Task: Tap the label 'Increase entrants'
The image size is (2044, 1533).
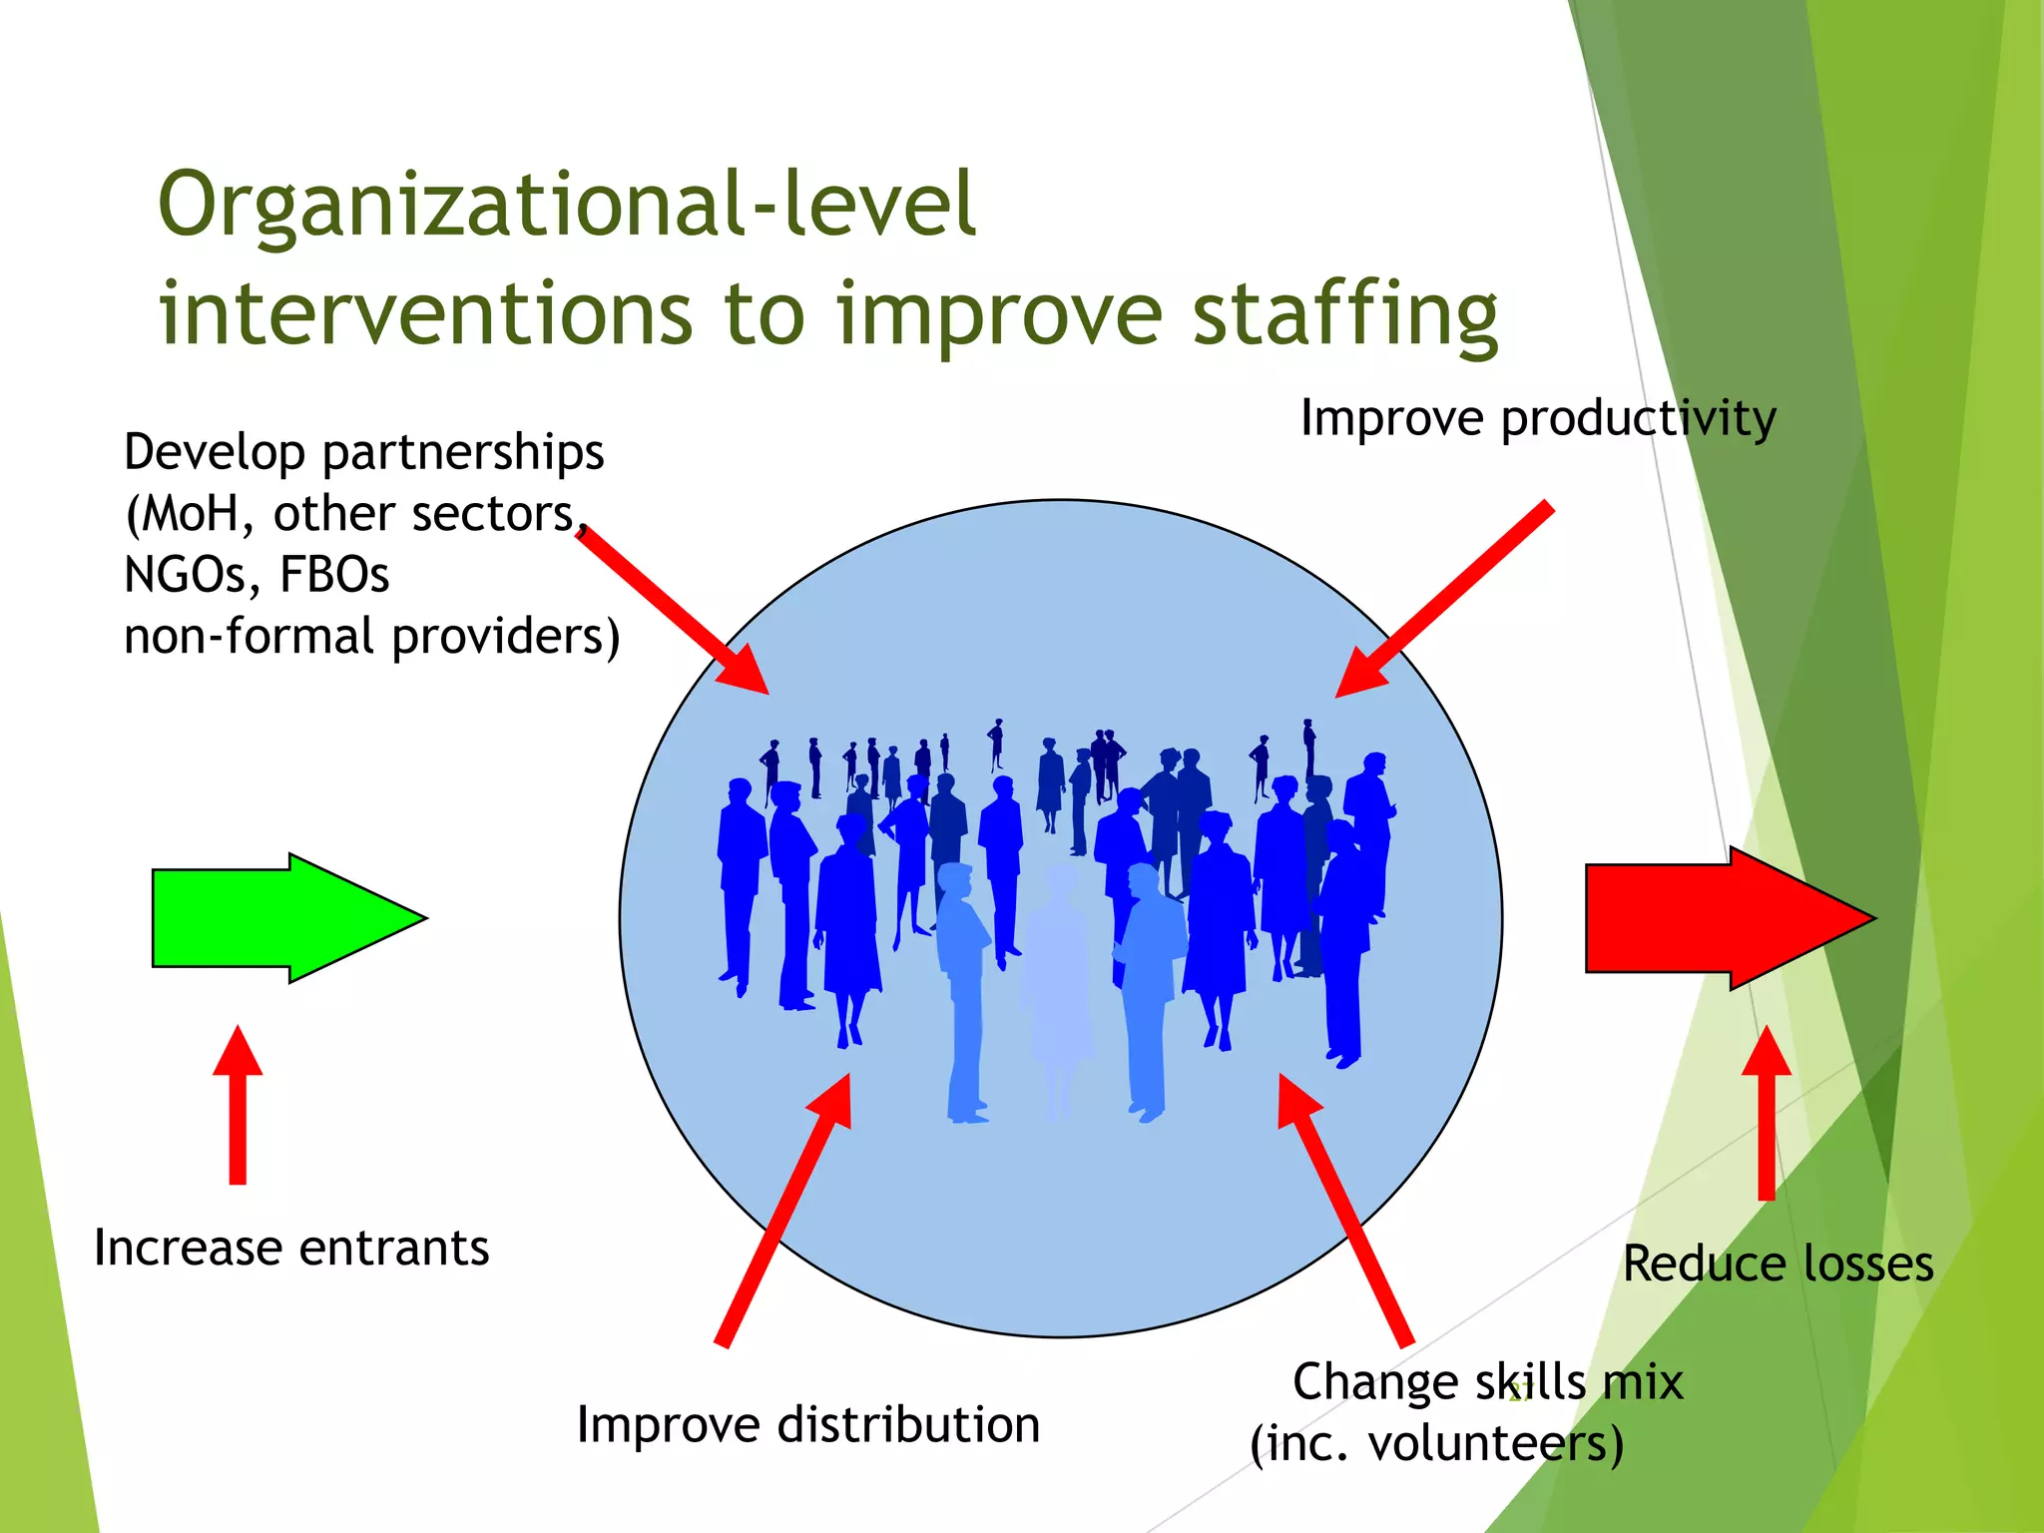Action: (291, 1248)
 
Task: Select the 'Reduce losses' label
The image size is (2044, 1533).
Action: (1779, 1264)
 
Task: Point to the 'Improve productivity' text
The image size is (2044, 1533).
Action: (1538, 418)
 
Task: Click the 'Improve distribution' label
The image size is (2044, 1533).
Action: (808, 1424)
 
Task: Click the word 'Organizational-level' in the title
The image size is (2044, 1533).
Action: (567, 205)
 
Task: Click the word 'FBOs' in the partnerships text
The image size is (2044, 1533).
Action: (334, 575)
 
